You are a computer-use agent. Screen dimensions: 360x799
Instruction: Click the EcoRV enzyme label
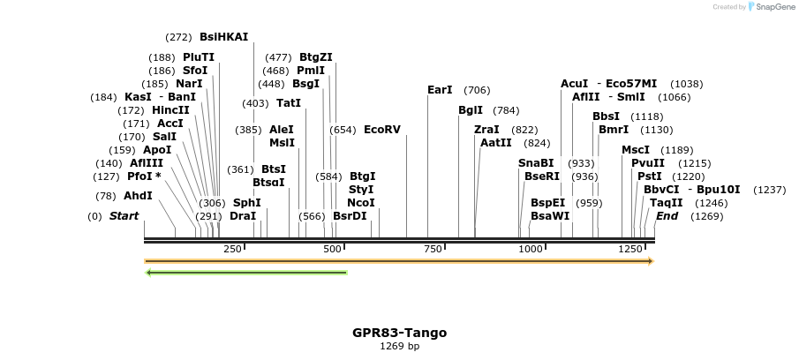coord(382,130)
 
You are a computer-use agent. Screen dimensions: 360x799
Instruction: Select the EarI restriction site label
coord(440,90)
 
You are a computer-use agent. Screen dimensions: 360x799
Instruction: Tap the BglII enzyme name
coord(471,110)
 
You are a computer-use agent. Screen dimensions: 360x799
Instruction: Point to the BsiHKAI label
coord(224,37)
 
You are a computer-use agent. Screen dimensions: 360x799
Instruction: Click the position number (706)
coord(477,90)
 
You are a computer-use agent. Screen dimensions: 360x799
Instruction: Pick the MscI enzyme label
coord(636,150)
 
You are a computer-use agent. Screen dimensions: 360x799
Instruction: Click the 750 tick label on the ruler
coord(433,250)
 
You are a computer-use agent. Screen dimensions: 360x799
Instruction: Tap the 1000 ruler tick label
coord(531,250)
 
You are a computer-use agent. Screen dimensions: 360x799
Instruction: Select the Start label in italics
coord(124,216)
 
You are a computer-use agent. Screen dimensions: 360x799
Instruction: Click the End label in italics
coord(667,216)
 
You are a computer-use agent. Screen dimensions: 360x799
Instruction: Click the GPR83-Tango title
coord(399,333)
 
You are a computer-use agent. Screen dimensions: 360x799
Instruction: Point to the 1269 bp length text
coord(399,346)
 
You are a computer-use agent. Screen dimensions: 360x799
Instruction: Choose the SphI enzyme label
coord(247,203)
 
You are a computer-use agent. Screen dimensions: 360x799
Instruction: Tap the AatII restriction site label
coord(496,143)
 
